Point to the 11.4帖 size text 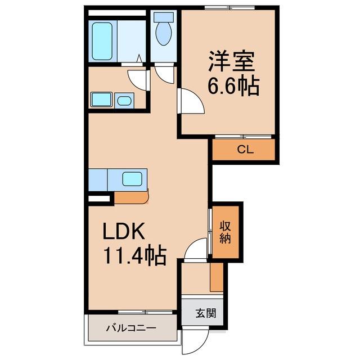click(133, 256)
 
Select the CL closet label click(244, 150)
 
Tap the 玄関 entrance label click(206, 314)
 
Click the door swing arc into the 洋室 click(190, 101)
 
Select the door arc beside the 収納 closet click(196, 248)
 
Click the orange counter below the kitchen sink click(131, 197)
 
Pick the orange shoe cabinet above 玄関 click(217, 277)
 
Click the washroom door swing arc click(137, 76)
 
